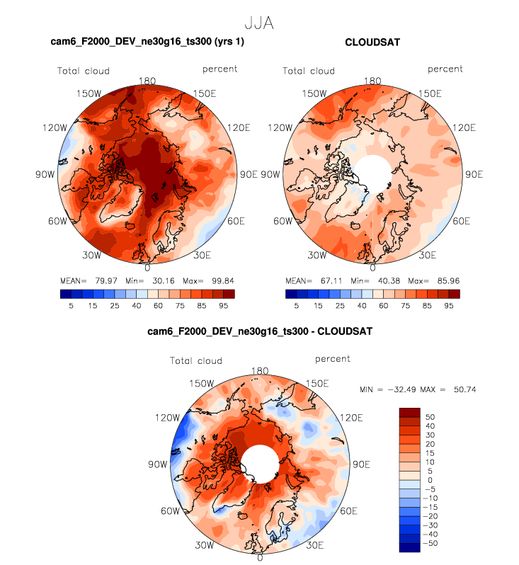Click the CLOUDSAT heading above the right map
click(x=372, y=42)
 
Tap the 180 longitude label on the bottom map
click(x=260, y=371)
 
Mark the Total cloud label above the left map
click(x=84, y=71)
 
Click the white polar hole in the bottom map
click(x=259, y=464)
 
